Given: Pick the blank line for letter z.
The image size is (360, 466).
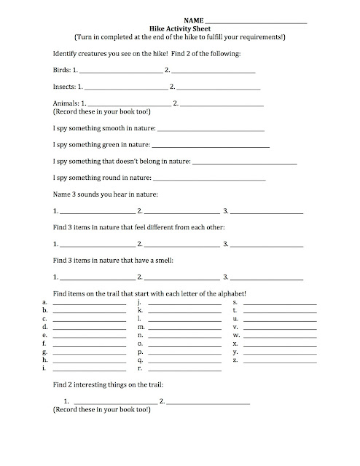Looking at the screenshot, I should click(280, 360).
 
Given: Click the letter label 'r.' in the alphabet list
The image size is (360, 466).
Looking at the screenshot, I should click(140, 368).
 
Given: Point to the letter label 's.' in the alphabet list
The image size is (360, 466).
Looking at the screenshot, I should click(235, 301).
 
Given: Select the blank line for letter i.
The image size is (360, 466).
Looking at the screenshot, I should click(89, 369).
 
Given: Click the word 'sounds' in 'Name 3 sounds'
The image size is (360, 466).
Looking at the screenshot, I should click(99, 194).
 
